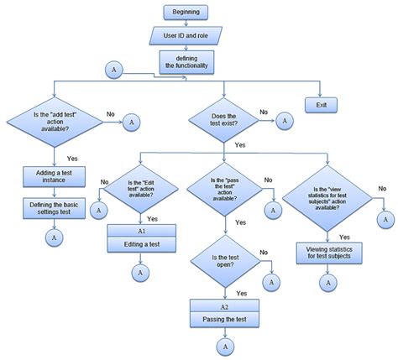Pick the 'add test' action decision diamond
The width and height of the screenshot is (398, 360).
[55, 121]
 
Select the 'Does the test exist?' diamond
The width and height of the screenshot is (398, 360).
[223, 121]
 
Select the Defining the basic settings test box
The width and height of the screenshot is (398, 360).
[54, 207]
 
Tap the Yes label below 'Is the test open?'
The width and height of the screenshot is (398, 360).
[241, 293]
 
